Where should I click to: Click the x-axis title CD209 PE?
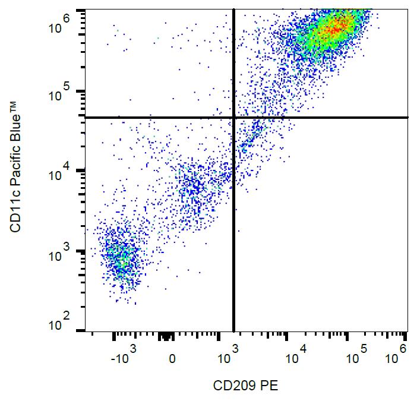(245, 386)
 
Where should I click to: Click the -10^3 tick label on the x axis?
(124, 357)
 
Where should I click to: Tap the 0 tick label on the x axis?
(172, 359)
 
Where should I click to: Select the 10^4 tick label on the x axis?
(295, 357)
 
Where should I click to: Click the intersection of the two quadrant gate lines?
(233, 118)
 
